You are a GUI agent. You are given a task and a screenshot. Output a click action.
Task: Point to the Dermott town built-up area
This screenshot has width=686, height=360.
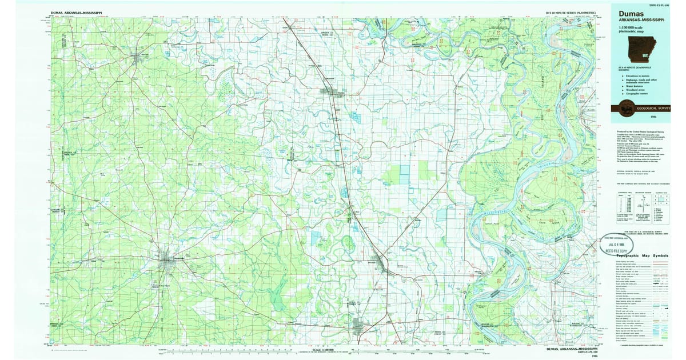[361, 326]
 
